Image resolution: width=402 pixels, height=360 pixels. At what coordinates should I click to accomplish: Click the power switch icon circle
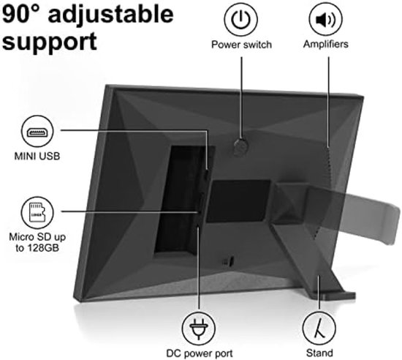240,19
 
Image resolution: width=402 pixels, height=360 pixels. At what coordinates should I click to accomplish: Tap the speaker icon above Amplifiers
325,19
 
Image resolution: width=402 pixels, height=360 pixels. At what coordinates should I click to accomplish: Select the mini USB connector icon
37,132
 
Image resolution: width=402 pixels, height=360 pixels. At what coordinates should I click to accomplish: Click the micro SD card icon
37,213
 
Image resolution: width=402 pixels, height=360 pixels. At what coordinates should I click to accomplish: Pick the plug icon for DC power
198,328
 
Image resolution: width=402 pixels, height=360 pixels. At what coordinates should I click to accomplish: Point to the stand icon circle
319,328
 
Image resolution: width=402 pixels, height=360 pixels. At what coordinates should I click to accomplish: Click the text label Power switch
241,45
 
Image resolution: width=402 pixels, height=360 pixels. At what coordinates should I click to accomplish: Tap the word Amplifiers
325,44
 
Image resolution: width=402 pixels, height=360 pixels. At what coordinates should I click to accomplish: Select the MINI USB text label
37,156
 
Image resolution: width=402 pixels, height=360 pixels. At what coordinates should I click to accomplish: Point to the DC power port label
200,353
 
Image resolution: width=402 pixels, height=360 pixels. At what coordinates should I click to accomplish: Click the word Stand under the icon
319,353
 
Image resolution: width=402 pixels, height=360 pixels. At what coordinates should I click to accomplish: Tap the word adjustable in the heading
111,15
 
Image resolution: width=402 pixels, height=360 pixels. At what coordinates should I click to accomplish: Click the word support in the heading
50,42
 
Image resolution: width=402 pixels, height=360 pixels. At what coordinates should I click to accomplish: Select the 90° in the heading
23,15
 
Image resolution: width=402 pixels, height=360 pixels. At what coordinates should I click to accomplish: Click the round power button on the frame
241,147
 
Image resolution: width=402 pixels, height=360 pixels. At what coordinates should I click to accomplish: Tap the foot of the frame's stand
338,296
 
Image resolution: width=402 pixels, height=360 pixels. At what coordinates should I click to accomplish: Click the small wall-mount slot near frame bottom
228,261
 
